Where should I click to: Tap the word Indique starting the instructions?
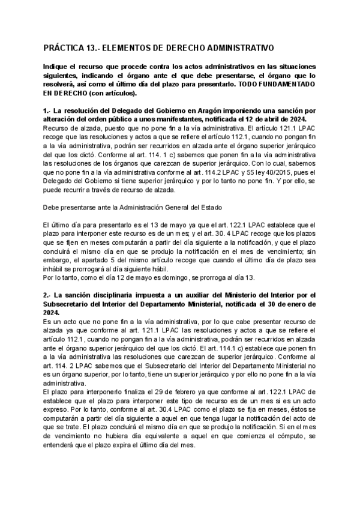56,66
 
